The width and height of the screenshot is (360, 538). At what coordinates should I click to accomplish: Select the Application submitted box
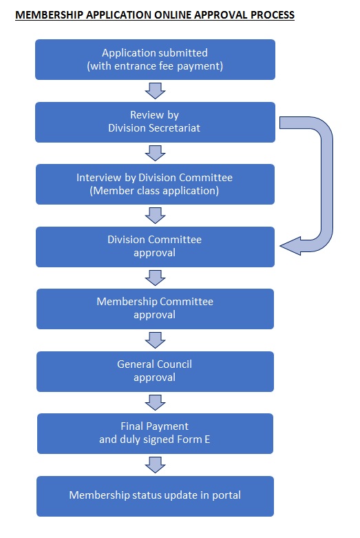click(x=155, y=59)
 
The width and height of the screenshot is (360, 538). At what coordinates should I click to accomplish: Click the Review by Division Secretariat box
click(x=155, y=122)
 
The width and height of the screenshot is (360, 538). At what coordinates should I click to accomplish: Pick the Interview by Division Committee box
click(x=155, y=184)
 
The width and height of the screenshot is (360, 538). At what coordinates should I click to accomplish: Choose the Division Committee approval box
click(x=155, y=247)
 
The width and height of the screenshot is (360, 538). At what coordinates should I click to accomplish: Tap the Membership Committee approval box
click(x=155, y=309)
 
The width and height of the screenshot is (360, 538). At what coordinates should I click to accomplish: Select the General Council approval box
click(x=155, y=371)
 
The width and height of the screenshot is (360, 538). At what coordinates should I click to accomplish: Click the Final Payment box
click(x=155, y=433)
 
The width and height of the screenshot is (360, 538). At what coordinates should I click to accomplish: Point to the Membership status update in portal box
click(x=155, y=496)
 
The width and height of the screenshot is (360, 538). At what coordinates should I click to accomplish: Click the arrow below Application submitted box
click(x=155, y=90)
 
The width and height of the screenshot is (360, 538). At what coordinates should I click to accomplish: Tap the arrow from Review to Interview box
click(x=155, y=153)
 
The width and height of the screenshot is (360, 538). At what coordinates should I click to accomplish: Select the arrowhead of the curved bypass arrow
click(x=290, y=246)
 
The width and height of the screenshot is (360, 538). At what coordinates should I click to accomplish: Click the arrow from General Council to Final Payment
click(x=155, y=402)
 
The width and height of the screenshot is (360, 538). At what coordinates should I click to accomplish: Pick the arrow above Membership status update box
click(x=155, y=465)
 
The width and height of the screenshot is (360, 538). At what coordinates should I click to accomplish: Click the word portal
click(x=226, y=495)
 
